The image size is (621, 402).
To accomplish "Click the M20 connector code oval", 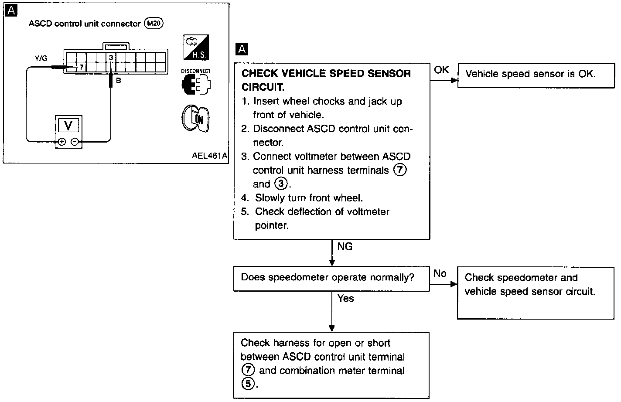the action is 154,23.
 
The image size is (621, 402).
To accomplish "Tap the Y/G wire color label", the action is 41,58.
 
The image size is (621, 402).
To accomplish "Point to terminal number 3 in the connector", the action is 111,58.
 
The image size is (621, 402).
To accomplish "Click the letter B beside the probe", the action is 119,81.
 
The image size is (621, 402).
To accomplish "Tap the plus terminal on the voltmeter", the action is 61,142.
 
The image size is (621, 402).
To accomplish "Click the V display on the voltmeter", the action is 68,125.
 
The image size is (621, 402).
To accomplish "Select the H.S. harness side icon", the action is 196,48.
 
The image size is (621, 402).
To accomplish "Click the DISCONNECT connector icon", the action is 196,82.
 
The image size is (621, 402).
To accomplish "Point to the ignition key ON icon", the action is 195,119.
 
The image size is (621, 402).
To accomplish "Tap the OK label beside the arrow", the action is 441,70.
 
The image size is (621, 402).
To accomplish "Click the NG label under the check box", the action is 345,246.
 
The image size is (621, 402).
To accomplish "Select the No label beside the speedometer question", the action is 440,274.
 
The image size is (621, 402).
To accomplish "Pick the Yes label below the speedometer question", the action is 346,299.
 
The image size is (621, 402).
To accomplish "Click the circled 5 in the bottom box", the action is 248,384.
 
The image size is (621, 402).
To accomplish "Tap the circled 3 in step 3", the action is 281,184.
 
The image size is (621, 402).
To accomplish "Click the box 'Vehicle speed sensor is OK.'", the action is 536,76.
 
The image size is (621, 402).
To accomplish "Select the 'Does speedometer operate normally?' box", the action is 331,279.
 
